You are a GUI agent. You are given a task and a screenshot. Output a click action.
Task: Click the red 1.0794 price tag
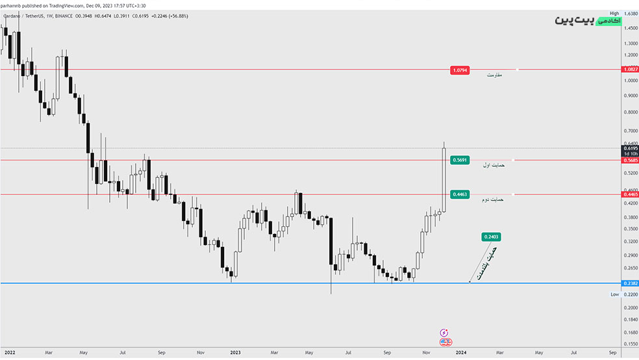[459, 70]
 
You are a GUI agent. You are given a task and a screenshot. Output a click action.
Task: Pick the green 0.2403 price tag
[491, 237]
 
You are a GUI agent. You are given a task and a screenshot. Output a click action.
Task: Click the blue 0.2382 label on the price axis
[630, 283]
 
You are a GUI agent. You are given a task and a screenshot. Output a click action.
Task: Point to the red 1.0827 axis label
[630, 69]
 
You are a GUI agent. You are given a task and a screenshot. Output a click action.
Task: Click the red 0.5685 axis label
[630, 161]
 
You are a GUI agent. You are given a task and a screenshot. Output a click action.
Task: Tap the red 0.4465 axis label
[630, 194]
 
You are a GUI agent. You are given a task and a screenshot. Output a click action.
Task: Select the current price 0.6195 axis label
[630, 148]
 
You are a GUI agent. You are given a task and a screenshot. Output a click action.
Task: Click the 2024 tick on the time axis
[460, 352]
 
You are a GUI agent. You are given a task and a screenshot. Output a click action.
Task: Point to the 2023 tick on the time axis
[236, 352]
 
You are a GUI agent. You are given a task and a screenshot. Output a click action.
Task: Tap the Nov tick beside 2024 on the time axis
[427, 352]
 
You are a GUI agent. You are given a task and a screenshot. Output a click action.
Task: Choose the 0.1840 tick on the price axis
[629, 319]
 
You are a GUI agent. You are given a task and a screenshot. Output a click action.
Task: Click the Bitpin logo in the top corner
[588, 20]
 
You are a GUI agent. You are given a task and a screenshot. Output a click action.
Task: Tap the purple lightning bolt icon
[445, 332]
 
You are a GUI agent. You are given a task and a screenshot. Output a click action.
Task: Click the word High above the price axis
[614, 12]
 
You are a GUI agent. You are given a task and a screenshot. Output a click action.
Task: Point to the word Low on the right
[614, 294]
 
